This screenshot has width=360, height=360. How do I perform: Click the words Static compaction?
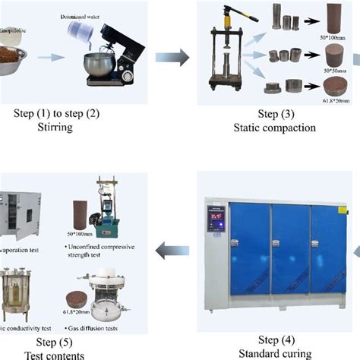click(x=276, y=128)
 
